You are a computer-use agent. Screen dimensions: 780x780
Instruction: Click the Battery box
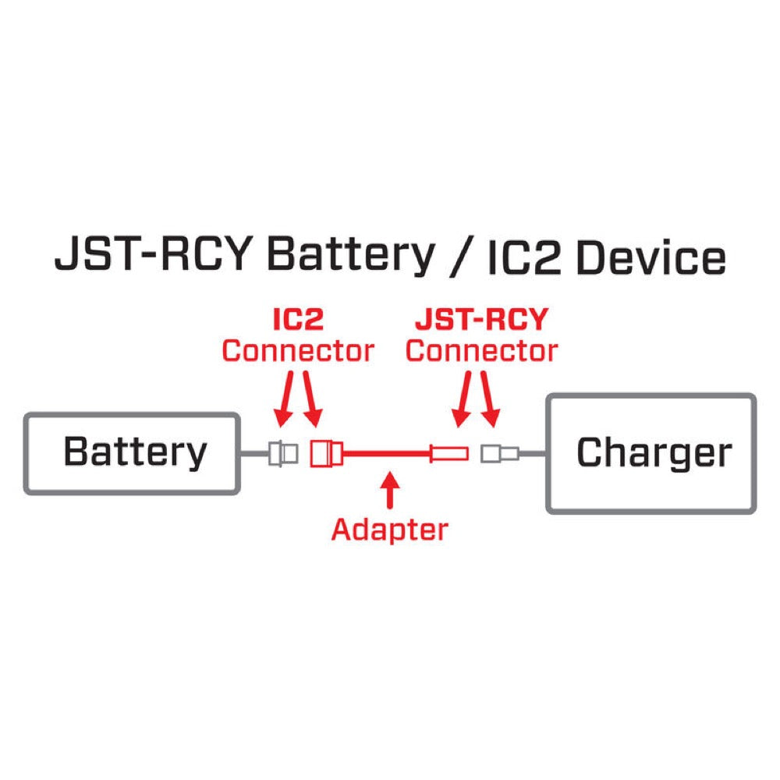131,453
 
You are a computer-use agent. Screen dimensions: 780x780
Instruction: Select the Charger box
651,453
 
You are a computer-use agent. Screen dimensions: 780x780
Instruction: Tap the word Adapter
389,530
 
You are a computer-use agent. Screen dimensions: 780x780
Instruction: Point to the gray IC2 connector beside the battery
282,453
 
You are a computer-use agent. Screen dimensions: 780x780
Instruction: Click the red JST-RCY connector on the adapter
450,452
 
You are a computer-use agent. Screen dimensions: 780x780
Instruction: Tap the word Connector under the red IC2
297,351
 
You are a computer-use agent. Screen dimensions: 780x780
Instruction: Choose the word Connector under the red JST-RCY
481,351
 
